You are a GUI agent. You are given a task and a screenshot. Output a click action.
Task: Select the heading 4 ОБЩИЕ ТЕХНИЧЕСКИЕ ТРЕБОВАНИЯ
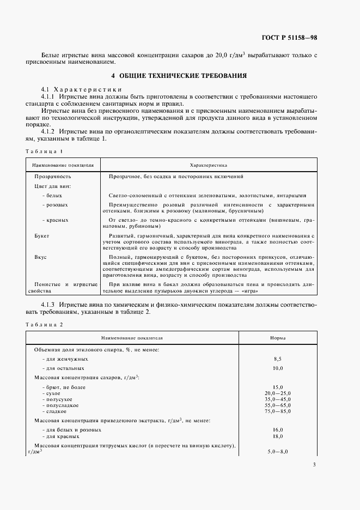[179, 76]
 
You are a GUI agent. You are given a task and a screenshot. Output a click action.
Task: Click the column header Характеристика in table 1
[208, 164]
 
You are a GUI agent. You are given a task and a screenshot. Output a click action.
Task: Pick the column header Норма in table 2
[278, 338]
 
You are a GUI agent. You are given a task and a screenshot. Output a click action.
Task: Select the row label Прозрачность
[53, 177]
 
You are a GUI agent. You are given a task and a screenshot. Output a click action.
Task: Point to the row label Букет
[42, 236]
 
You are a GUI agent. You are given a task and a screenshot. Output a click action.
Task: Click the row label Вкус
[40, 257]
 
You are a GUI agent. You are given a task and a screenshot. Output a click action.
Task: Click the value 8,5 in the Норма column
[278, 359]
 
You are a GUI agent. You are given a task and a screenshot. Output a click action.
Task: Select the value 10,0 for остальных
[278, 369]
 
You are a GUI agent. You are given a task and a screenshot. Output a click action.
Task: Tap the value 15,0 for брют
[278, 387]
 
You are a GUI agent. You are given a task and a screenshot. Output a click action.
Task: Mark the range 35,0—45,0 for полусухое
[278, 399]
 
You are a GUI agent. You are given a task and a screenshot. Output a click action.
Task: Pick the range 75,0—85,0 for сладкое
[278, 411]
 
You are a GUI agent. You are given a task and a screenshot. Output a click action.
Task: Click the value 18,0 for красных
[278, 436]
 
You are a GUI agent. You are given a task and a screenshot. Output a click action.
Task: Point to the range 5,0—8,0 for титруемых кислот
[278, 452]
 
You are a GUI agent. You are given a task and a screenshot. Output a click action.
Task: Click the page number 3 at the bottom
[314, 464]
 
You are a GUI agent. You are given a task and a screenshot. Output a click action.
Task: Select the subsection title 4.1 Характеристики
[81, 89]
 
